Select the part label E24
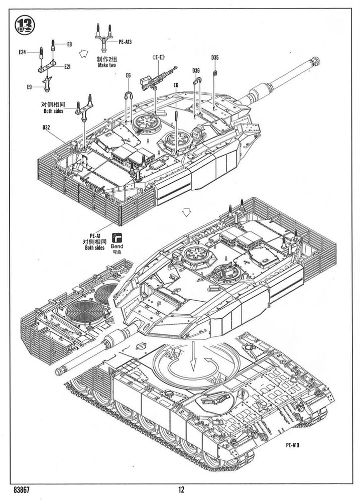[x=22, y=51]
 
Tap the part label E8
[x=70, y=44]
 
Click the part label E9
[x=30, y=87]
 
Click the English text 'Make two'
[x=107, y=66]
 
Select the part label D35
[x=215, y=57]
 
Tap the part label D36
[x=196, y=71]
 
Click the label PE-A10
[x=295, y=444]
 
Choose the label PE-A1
[x=95, y=235]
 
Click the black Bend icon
[x=119, y=237]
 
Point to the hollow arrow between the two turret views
[x=187, y=212]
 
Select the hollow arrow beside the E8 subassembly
[x=84, y=53]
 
